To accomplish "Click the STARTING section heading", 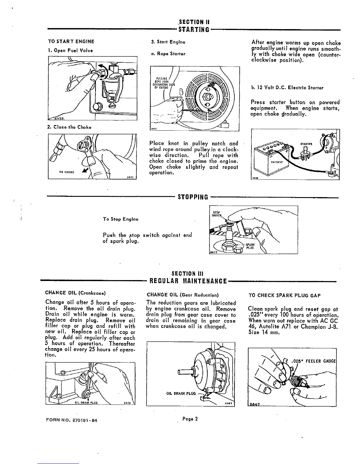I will click(x=193, y=29).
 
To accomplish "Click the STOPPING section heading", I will click(x=193, y=197).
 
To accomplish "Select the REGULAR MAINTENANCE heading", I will click(x=189, y=281).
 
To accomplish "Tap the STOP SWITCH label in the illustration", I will click(x=217, y=214).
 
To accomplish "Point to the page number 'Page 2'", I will click(x=189, y=419).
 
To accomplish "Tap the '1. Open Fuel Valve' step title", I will click(x=71, y=50).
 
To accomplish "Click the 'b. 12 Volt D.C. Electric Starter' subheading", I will click(x=287, y=88).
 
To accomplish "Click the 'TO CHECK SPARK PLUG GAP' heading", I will click(x=284, y=295).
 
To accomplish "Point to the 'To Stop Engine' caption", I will click(x=121, y=219).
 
